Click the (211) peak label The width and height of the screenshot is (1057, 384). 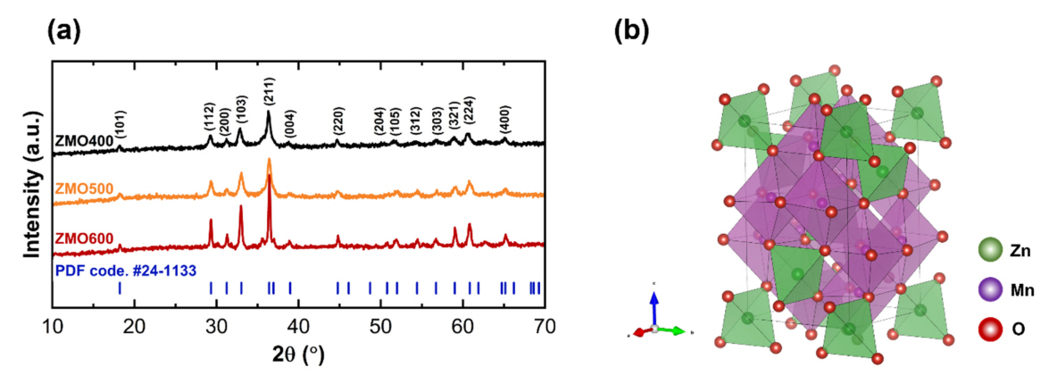click(x=269, y=92)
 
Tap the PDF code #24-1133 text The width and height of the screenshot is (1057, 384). click(x=126, y=269)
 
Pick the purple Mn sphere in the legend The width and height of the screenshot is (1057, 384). click(x=988, y=289)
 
